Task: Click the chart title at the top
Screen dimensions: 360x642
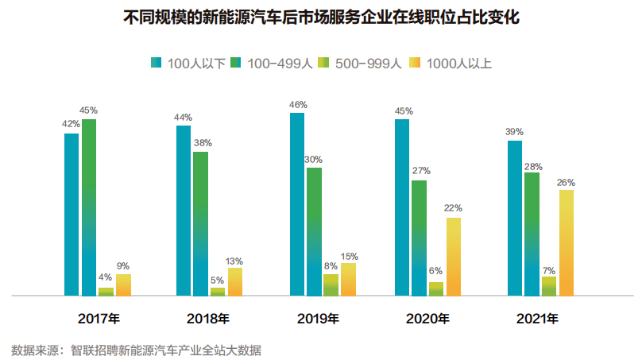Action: coord(322,17)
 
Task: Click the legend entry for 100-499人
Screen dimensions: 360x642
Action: coord(272,63)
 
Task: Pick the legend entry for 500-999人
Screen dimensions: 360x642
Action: coord(362,63)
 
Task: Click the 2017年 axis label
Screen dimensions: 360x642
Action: coord(99,319)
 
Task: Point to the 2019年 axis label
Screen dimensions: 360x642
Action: coord(318,319)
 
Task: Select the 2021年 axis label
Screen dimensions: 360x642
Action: coord(537,319)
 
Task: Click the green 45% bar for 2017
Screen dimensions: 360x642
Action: coord(89,207)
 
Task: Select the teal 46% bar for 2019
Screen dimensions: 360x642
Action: coord(297,204)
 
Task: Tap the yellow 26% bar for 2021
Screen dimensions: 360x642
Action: coord(566,242)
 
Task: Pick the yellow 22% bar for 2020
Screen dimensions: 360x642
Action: coord(454,256)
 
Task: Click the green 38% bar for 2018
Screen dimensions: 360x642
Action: coord(201,223)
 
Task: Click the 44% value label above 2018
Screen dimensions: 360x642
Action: coord(184,118)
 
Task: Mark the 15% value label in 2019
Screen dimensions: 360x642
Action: coord(349,257)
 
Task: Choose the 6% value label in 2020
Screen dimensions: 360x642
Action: coord(435,271)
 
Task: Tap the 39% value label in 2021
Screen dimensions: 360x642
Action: coord(514,132)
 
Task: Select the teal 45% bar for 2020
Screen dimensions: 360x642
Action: coord(402,207)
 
